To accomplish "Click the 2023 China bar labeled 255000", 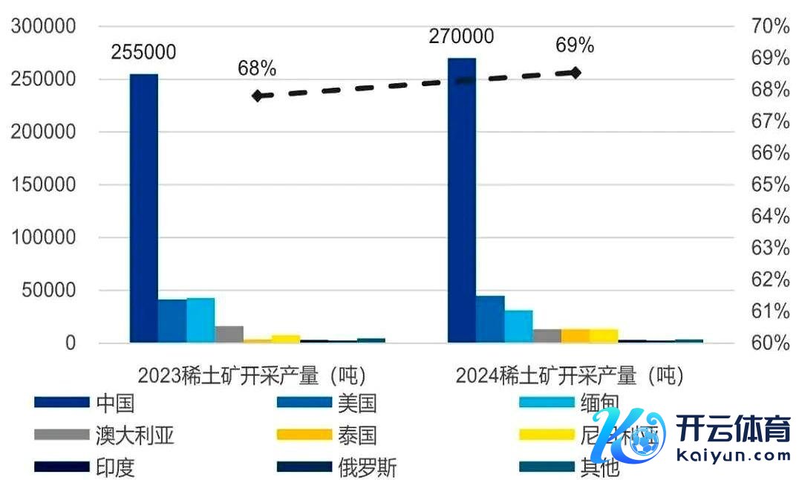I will click(x=144, y=208).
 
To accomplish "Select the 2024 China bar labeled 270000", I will click(x=461, y=201).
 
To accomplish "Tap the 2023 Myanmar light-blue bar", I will click(x=200, y=320).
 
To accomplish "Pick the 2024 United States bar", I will click(x=490, y=320).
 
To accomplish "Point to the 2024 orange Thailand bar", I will click(x=575, y=336).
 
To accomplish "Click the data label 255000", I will click(x=143, y=52).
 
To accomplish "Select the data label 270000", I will click(x=461, y=36).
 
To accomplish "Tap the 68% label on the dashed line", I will click(x=257, y=69).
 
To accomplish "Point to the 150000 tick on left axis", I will click(x=44, y=185).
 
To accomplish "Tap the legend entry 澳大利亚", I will click(x=134, y=435).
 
